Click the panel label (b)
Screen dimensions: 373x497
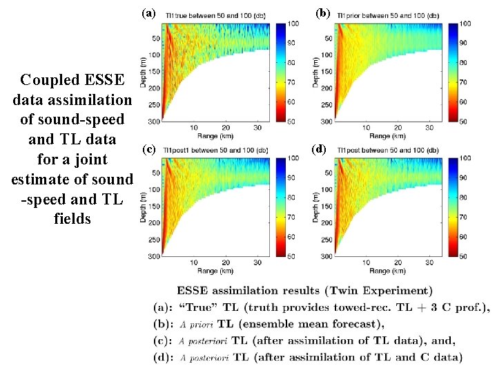click(x=322, y=13)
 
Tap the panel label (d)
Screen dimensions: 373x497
click(x=319, y=149)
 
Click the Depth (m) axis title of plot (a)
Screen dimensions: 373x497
click(x=146, y=73)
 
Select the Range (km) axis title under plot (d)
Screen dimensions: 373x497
click(x=386, y=271)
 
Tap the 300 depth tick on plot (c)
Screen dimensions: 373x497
click(x=153, y=256)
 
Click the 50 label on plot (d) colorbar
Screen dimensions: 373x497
click(x=463, y=256)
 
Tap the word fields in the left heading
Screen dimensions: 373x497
click(x=72, y=219)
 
